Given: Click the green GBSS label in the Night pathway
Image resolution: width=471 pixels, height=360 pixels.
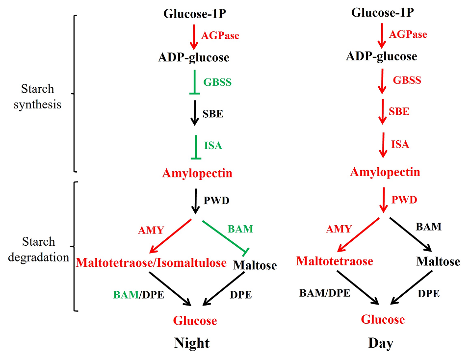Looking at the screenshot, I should point(217,82).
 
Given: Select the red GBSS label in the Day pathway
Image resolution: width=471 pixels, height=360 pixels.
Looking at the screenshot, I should point(407,80).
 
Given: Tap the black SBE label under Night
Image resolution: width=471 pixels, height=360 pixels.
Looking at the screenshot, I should point(212,114).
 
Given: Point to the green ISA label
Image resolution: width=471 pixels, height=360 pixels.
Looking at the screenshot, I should point(213,145).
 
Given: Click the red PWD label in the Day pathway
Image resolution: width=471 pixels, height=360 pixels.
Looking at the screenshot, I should point(404,200).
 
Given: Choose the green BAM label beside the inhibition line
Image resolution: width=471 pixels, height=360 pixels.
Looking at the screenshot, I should point(240,229).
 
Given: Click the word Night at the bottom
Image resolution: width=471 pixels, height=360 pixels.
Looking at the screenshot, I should point(192,343).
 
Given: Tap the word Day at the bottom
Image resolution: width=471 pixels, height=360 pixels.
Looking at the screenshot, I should point(381,343).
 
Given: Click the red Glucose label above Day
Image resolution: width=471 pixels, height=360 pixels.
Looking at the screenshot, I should point(383,320).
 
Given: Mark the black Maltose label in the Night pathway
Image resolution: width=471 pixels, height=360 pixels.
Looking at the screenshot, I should point(255,265).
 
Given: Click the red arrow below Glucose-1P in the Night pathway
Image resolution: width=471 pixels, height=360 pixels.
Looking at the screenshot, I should point(194,36).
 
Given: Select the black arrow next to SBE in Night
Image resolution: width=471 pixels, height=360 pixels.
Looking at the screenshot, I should point(195,113).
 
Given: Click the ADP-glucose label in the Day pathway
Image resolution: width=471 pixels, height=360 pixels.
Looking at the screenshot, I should point(381,56).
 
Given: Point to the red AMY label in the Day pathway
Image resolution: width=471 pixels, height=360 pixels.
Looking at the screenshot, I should point(339,229).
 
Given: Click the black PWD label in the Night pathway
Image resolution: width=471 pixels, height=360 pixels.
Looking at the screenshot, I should point(216,200).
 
